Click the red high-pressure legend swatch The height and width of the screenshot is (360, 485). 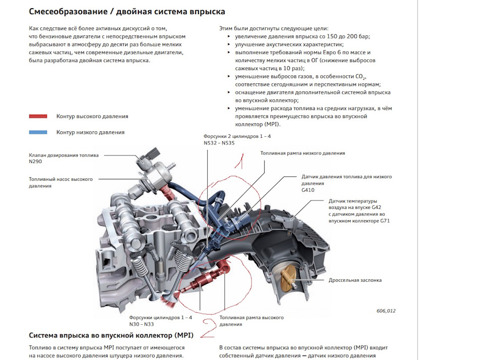click(38, 117)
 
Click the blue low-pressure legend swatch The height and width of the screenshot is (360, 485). click(38, 132)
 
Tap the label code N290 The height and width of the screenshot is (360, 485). click(35, 162)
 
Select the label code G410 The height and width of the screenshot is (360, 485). click(308, 190)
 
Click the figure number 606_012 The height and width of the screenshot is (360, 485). click(386, 311)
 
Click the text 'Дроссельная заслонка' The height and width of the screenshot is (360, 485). click(355, 280)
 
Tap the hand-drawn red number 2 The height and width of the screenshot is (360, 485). click(209, 328)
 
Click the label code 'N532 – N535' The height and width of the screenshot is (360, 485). click(219, 143)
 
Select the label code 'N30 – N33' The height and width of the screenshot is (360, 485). click(141, 324)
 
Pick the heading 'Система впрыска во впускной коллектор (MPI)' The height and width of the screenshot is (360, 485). click(111, 335)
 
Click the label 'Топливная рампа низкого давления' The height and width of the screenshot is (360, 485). click(303, 153)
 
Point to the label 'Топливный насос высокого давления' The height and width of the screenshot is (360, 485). click(61, 182)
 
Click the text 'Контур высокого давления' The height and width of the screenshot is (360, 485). click(92, 117)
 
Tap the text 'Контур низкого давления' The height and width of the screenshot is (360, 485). click(90, 132)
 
